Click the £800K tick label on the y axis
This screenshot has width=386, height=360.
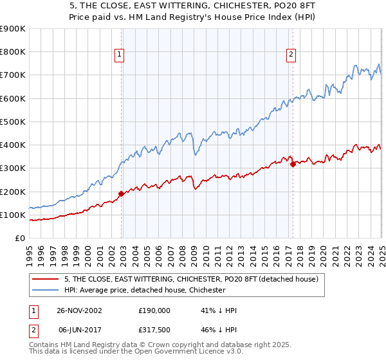click(x=12, y=52)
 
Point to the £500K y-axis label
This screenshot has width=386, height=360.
click(x=12, y=122)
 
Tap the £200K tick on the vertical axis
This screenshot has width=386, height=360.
click(x=12, y=192)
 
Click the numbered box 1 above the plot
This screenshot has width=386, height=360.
click(x=120, y=55)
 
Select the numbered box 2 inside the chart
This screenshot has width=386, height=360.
click(x=291, y=55)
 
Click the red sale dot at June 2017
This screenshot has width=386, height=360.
click(x=293, y=164)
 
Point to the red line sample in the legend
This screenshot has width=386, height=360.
click(x=46, y=279)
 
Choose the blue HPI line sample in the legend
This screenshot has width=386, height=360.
click(x=46, y=290)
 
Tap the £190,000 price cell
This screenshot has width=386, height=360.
click(x=154, y=310)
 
